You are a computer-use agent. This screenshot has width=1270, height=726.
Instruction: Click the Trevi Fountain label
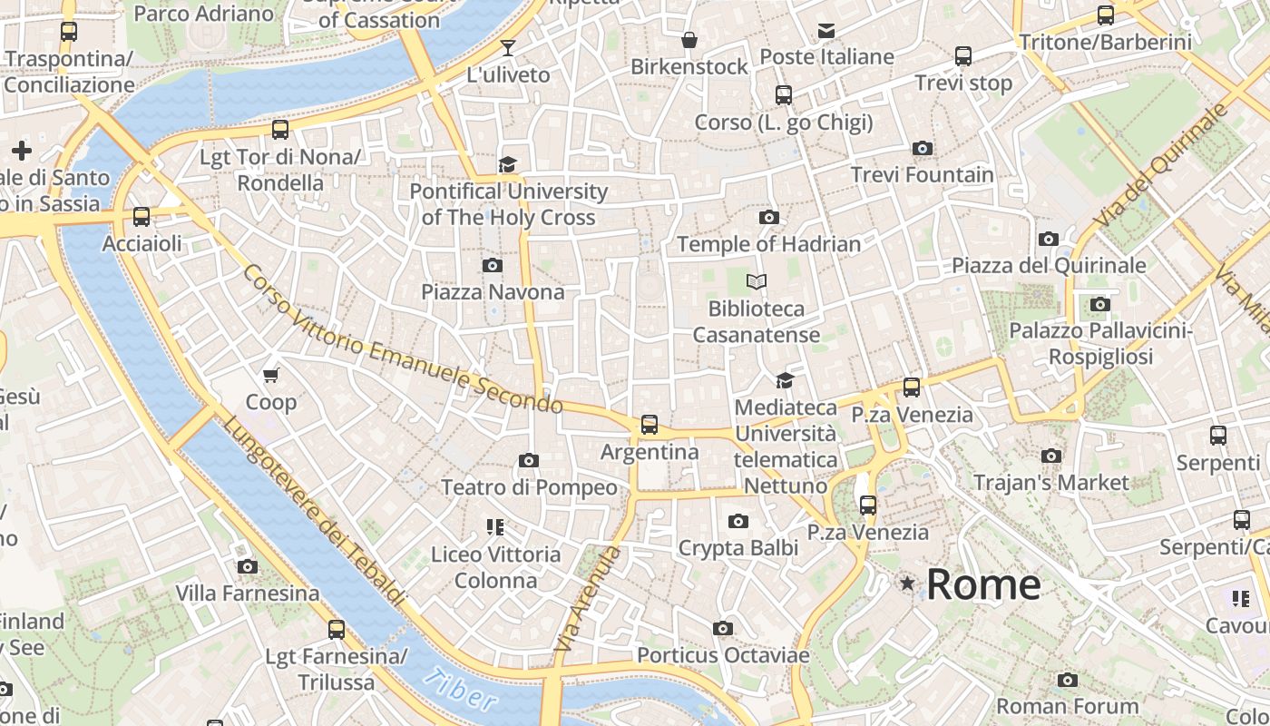point(922,174)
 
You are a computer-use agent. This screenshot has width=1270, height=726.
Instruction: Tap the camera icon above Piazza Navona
point(493,265)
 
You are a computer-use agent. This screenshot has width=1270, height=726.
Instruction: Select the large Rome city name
point(983,584)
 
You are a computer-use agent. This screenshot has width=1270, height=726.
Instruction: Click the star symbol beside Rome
point(906,584)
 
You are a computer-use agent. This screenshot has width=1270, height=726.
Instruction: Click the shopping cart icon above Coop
point(270,375)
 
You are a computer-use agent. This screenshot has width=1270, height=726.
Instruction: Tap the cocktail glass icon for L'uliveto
point(508,48)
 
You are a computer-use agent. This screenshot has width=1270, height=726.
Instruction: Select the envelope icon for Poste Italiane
point(826,31)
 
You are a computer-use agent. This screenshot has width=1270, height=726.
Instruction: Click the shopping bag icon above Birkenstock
point(689,40)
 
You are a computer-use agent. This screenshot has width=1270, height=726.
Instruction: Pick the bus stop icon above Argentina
point(650,425)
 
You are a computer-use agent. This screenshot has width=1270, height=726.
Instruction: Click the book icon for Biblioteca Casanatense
point(757,282)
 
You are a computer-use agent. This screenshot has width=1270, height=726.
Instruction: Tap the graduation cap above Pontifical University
point(508,164)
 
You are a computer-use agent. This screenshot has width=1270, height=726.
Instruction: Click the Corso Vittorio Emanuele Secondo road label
point(403,339)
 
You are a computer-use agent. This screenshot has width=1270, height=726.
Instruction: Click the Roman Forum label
point(1067,705)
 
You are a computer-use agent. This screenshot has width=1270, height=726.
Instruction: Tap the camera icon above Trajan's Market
point(1051,456)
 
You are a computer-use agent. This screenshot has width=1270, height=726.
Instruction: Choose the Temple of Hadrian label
point(768,244)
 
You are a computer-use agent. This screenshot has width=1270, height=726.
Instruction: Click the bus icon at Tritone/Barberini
point(1105,15)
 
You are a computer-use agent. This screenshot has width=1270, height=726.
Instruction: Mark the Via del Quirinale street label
point(1161,165)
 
